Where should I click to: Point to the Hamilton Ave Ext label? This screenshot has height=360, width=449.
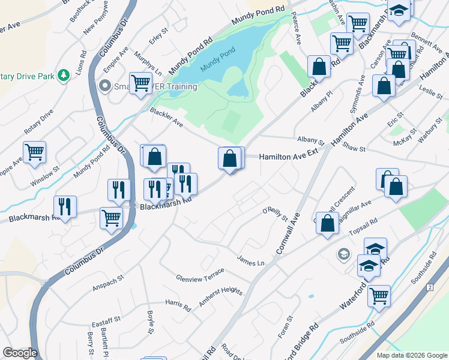pos(288,155)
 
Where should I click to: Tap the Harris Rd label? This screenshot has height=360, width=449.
pos(178,305)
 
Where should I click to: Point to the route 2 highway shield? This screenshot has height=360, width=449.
pos(430,288)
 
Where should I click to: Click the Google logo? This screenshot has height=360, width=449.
pos(20,353)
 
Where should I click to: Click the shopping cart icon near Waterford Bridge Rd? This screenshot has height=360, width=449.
pos(379,295)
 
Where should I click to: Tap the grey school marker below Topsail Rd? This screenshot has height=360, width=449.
pos(343,254)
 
